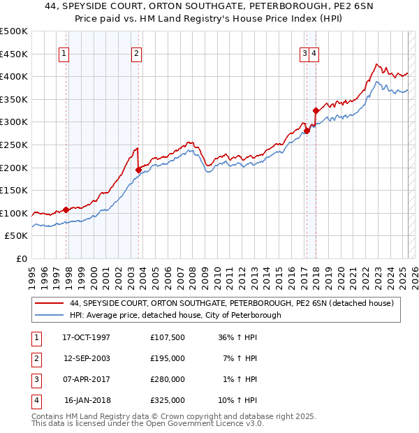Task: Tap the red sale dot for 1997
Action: pyautogui.click(x=66, y=210)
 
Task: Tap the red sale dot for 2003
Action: pyautogui.click(x=138, y=170)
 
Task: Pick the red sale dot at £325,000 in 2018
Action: pyautogui.click(x=316, y=110)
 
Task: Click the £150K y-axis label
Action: pyautogui.click(x=15, y=190)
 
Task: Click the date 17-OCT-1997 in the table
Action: pyautogui.click(x=87, y=337)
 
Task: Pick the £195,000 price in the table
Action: pyautogui.click(x=168, y=358)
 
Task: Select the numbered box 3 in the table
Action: pyautogui.click(x=35, y=379)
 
